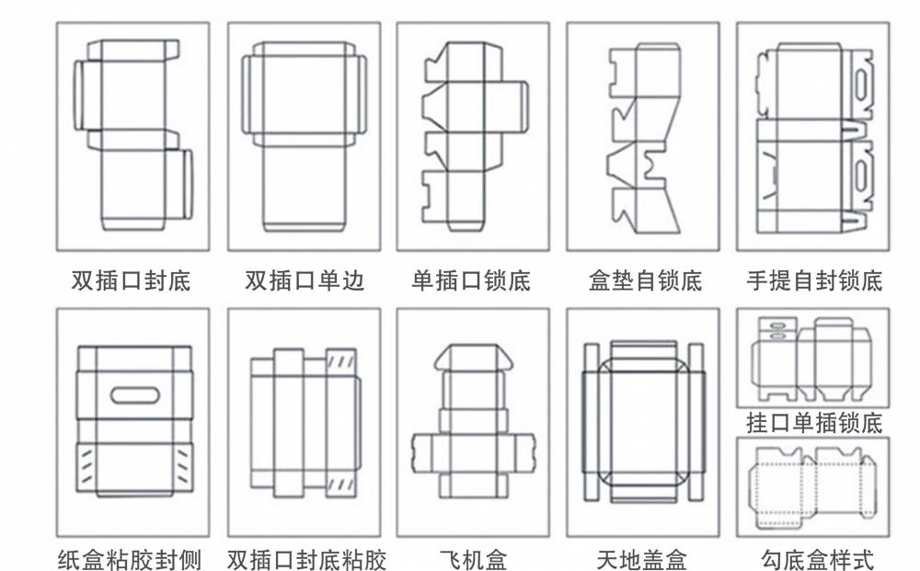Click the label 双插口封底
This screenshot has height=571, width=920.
(x=132, y=280)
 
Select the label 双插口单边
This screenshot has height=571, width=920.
(x=304, y=280)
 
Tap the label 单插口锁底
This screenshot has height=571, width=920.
(x=472, y=280)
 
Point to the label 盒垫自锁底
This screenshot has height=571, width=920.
(x=644, y=280)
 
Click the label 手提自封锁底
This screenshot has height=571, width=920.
(x=813, y=280)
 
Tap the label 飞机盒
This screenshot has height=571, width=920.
(x=473, y=558)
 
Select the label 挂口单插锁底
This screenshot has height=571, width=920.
(x=813, y=422)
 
